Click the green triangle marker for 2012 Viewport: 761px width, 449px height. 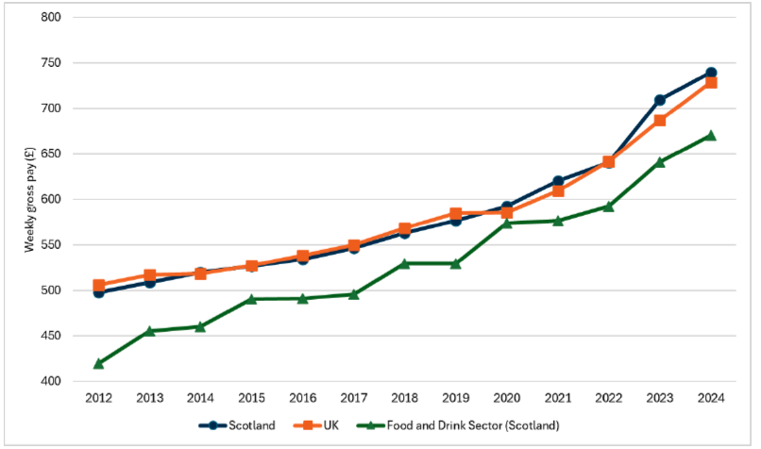99,363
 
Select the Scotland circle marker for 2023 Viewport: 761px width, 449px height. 660,100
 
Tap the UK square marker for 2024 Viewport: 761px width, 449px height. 711,83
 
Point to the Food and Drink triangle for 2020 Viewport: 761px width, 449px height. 507,223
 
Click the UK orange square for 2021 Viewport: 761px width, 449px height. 558,191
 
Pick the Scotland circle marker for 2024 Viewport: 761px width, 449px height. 711,73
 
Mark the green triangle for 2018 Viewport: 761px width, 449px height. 405,263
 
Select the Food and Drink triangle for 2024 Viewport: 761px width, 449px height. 711,135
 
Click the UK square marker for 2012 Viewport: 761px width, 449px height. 99,285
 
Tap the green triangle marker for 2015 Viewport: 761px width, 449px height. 252,299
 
